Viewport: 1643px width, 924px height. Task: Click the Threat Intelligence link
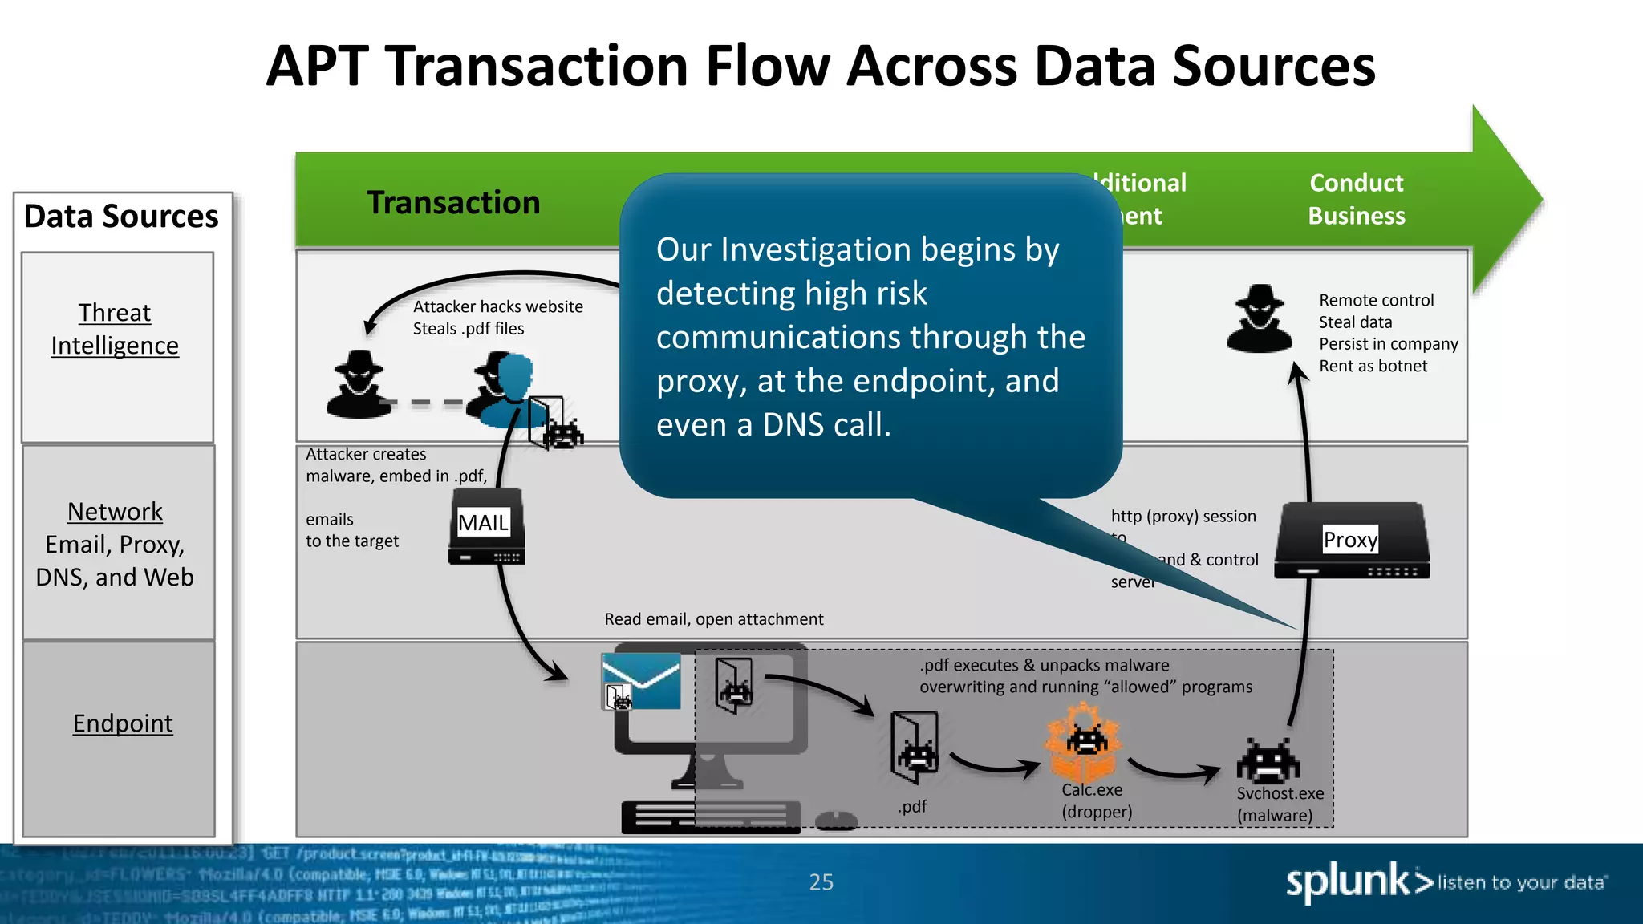[115, 329]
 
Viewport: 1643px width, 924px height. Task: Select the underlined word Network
[115, 511]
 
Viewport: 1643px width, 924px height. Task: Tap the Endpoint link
[123, 723]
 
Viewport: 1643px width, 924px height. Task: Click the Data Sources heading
[121, 217]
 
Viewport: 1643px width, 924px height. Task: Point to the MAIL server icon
[486, 526]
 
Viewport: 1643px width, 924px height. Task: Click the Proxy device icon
[1351, 541]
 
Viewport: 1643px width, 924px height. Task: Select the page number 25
[821, 882]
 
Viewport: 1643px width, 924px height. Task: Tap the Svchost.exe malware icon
[1268, 761]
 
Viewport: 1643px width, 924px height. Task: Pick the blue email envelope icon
[641, 680]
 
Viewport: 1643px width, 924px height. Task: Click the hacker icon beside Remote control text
[1260, 318]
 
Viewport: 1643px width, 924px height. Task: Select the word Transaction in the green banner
[453, 202]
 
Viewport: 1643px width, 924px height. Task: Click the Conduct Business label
[1357, 199]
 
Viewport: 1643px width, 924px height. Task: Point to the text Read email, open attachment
[713, 619]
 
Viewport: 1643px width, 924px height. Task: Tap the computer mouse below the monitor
[836, 821]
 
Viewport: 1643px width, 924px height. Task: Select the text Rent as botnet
[1373, 366]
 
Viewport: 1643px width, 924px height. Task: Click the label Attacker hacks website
[497, 306]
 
